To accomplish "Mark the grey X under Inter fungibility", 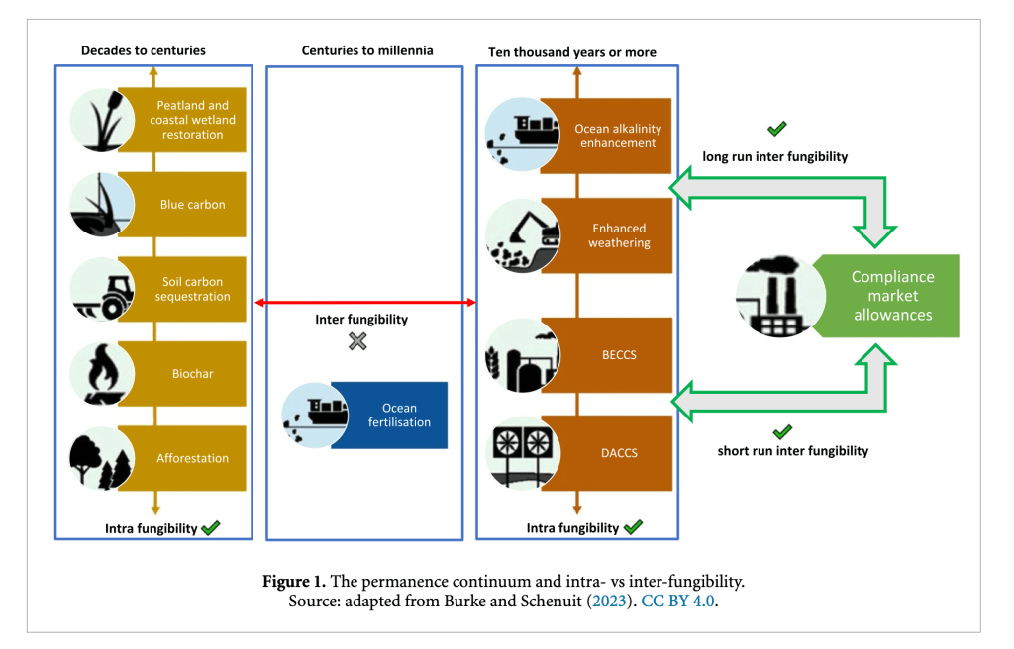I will [x=357, y=341].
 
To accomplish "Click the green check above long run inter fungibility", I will [x=777, y=129].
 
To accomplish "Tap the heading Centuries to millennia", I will [x=367, y=50].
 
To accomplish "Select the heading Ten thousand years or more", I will [x=572, y=52].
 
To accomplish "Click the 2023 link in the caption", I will [x=604, y=601].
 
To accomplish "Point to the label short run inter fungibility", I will [x=792, y=451].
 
